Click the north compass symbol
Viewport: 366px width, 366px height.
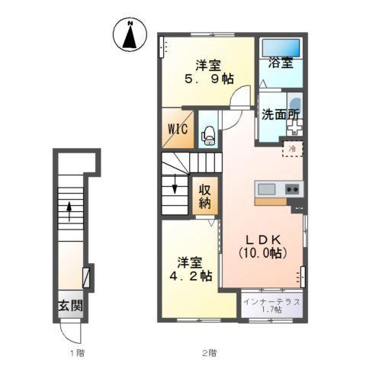pos(130,35)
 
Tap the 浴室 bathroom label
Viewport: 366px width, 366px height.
pos(281,63)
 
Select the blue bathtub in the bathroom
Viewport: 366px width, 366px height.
pos(281,47)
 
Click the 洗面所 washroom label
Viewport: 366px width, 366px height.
pos(281,115)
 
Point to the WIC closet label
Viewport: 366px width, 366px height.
pos(178,129)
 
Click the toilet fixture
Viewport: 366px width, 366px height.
pos(209,136)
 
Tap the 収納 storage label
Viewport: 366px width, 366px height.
pos(205,196)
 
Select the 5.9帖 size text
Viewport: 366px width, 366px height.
pos(209,79)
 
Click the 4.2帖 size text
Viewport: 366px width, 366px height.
pos(191,276)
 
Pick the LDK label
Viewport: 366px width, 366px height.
pos(263,239)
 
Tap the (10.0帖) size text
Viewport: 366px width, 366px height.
pos(263,253)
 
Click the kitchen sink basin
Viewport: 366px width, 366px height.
pos(267,189)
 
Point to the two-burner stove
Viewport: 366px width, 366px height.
pos(292,189)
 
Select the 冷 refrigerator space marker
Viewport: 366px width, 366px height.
pos(293,149)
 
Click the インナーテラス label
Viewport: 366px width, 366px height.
pos(271,302)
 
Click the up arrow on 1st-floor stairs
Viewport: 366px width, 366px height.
pos(69,211)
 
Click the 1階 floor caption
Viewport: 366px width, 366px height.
pos(77,353)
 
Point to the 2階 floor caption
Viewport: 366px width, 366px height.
pos(210,353)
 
